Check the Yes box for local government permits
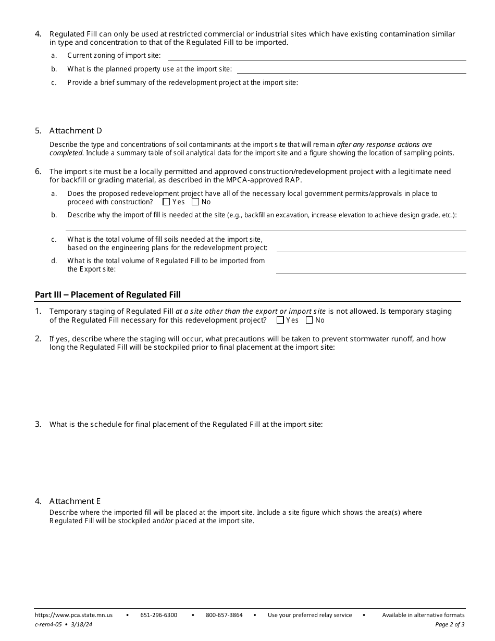pos(166,202)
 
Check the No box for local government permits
pos(195,202)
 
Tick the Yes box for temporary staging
pos(280,320)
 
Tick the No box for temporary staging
pos(310,320)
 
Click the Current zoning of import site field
pos(316,55)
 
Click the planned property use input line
pos(351,69)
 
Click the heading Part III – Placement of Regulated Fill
pos(108,295)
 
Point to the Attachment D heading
pos(76,131)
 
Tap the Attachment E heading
pos(75,501)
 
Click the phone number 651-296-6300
pos(158,615)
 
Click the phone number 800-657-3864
pos(224,615)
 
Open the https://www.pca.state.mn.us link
pos(73,615)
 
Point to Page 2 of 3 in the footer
pos(450,624)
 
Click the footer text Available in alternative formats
pos(423,615)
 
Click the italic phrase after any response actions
pos(384,144)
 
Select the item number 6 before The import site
pos(38,171)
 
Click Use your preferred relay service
pos(310,615)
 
